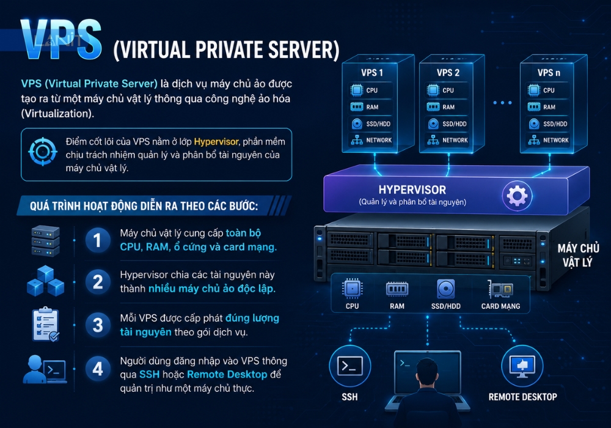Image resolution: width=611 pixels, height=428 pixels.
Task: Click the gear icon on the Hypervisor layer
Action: coord(517,196)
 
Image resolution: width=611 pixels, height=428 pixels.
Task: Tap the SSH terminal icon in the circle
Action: coord(349,366)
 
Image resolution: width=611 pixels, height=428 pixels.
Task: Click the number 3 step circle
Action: coord(97,325)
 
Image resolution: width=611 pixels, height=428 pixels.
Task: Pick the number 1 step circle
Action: coord(97,240)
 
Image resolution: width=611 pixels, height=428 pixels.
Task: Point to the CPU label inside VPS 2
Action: coord(448,90)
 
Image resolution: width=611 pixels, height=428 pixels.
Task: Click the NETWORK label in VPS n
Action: coord(555,140)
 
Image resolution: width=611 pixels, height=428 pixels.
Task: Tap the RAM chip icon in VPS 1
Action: coord(357,107)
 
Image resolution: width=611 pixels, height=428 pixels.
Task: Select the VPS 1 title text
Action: coord(371,73)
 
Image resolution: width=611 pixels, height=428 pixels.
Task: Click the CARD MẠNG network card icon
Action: coord(500,289)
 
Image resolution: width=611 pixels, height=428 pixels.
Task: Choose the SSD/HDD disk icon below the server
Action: coord(445,289)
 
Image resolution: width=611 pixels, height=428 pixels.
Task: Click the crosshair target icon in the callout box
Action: coord(43,152)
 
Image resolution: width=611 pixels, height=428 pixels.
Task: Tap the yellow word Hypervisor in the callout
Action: coord(216,141)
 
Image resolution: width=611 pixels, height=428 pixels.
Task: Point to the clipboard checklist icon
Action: coord(46,324)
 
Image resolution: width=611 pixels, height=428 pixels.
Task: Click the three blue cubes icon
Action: coord(46,281)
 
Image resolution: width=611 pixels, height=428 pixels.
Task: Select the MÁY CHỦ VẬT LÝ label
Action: coord(578,256)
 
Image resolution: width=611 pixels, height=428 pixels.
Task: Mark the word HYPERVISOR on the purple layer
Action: coord(412,190)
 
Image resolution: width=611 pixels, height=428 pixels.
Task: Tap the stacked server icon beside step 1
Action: coord(46,240)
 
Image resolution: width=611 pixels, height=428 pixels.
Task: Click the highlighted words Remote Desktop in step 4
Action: coord(227,374)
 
